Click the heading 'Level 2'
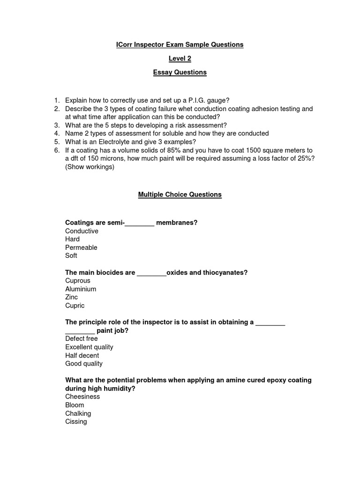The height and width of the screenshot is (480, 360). (180, 59)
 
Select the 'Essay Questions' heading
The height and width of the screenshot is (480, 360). (180, 72)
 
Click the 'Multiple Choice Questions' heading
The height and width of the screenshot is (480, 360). (180, 195)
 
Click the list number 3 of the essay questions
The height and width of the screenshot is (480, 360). (56, 125)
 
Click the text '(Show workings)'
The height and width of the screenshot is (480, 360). (90, 166)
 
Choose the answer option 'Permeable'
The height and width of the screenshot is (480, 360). (81, 247)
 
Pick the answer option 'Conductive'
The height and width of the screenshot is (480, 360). (82, 231)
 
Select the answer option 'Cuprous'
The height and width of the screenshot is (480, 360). (78, 281)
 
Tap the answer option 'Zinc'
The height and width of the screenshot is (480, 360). (72, 297)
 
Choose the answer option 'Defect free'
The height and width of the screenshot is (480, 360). (82, 338)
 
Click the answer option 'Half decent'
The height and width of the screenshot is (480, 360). (82, 355)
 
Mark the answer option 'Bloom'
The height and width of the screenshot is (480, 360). (75, 405)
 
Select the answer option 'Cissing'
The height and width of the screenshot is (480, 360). (76, 421)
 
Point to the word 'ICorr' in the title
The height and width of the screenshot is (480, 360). (125, 45)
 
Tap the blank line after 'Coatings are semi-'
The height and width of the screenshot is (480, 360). (139, 223)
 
